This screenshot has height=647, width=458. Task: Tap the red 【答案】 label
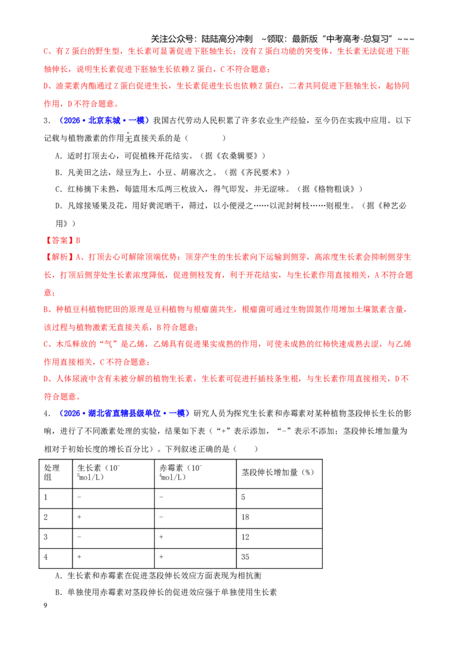[58, 241]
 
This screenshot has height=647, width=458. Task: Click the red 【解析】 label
[58, 257]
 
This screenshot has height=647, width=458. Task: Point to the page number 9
[45, 605]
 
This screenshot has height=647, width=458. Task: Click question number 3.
[47, 121]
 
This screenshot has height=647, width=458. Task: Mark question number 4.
[47, 413]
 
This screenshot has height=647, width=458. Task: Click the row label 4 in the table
[45, 557]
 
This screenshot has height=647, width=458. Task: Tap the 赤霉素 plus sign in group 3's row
[161, 537]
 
